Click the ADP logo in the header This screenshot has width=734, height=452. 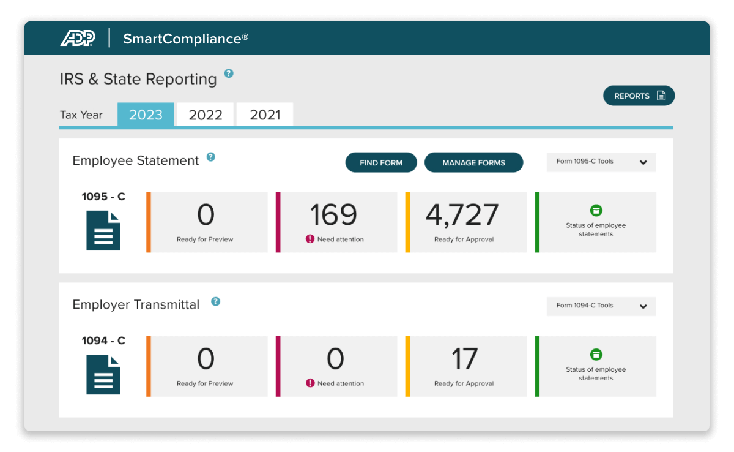78,38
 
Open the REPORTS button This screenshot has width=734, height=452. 639,96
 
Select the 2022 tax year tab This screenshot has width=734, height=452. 205,115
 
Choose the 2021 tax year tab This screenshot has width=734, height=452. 265,115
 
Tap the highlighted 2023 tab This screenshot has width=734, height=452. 146,115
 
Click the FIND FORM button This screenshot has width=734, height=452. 381,162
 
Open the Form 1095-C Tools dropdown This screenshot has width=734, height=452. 601,162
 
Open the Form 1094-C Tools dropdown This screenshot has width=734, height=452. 601,306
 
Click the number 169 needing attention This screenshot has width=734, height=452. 333,215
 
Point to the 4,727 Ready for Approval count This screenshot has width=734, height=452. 462,215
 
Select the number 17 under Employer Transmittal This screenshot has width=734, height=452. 464,359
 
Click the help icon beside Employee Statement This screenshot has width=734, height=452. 211,157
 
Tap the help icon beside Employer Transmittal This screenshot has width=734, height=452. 215,301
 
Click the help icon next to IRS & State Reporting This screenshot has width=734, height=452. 229,73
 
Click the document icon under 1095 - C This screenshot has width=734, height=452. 103,230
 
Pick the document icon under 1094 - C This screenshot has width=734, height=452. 103,374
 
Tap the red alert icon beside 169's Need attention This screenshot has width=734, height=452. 310,239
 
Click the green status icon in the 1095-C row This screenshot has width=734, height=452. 596,210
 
